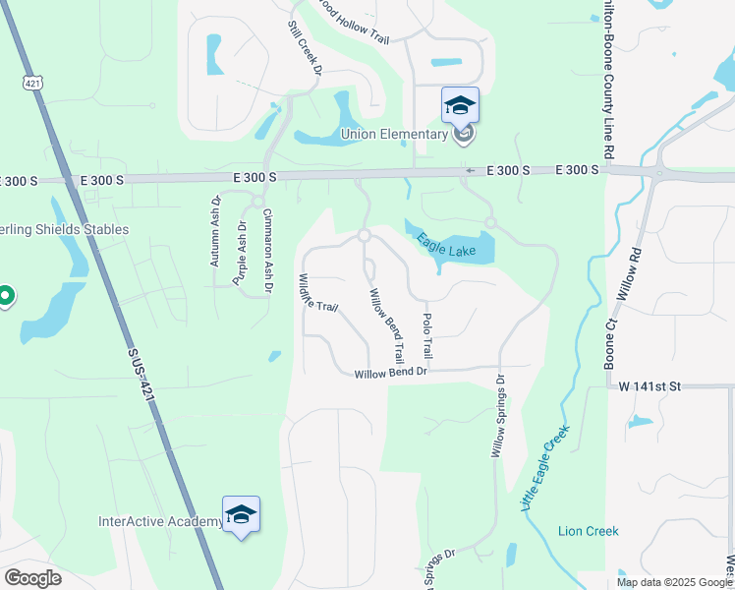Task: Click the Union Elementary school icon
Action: (x=460, y=105)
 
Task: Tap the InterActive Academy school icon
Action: (x=241, y=514)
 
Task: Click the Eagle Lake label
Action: (x=445, y=245)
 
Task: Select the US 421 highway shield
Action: (x=33, y=85)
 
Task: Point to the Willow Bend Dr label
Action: (x=391, y=373)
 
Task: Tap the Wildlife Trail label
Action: (x=318, y=292)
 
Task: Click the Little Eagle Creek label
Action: (x=542, y=467)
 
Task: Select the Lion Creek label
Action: (x=588, y=531)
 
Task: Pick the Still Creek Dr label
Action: (x=306, y=48)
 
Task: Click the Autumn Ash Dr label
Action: (x=215, y=232)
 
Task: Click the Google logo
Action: (x=32, y=578)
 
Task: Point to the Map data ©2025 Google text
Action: (x=674, y=582)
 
